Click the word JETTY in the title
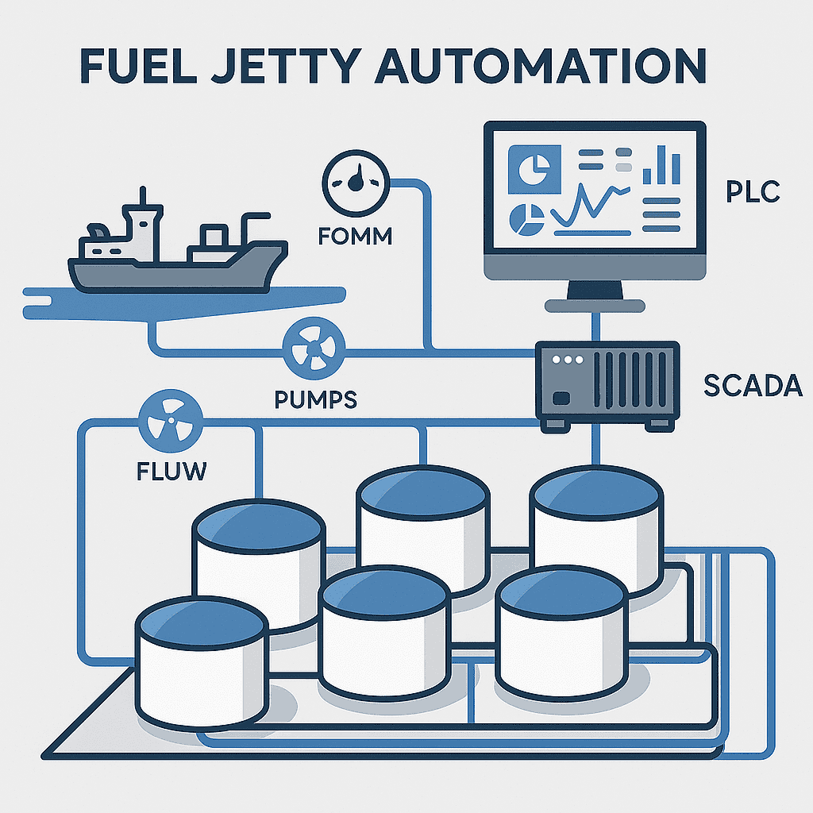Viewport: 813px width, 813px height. click(287, 66)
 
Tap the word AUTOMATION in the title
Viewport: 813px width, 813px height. click(540, 66)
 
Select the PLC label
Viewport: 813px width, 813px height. click(753, 191)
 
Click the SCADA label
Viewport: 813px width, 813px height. click(753, 386)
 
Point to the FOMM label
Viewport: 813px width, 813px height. click(355, 237)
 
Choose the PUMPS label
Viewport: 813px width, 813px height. click(315, 399)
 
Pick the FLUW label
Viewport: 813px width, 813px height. click(171, 472)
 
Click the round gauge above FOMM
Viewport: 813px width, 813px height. click(356, 183)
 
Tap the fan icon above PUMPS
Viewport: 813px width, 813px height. click(314, 349)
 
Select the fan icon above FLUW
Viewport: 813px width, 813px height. click(171, 422)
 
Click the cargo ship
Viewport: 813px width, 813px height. click(178, 243)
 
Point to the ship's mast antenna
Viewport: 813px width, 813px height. click(143, 197)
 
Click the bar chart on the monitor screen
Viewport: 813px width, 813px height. click(661, 165)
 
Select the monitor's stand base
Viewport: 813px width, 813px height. click(595, 306)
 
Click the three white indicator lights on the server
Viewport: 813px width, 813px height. click(568, 360)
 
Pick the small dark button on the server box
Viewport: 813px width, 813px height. click(561, 399)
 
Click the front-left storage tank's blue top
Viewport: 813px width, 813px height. click(202, 622)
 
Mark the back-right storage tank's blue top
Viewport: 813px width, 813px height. click(596, 493)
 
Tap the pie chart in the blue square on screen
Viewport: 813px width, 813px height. click(534, 169)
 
